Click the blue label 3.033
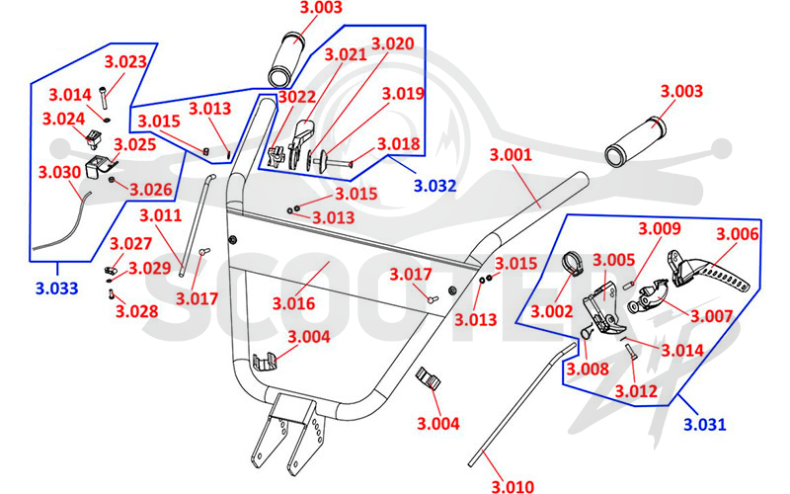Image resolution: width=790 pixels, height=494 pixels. pyautogui.click(x=57, y=288)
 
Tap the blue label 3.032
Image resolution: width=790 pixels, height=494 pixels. pyautogui.click(x=434, y=186)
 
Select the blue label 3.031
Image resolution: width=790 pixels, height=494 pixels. pyautogui.click(x=705, y=424)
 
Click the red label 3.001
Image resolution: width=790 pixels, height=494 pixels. pyautogui.click(x=511, y=154)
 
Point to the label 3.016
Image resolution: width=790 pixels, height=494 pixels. pyautogui.click(x=293, y=303)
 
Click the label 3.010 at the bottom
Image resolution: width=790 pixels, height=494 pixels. pyautogui.click(x=513, y=486)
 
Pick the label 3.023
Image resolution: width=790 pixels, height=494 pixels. pyautogui.click(x=125, y=61)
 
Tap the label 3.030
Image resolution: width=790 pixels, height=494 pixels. pyautogui.click(x=59, y=172)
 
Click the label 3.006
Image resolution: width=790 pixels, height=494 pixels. pyautogui.click(x=737, y=233)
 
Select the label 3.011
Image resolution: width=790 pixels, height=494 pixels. pyautogui.click(x=160, y=215)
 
